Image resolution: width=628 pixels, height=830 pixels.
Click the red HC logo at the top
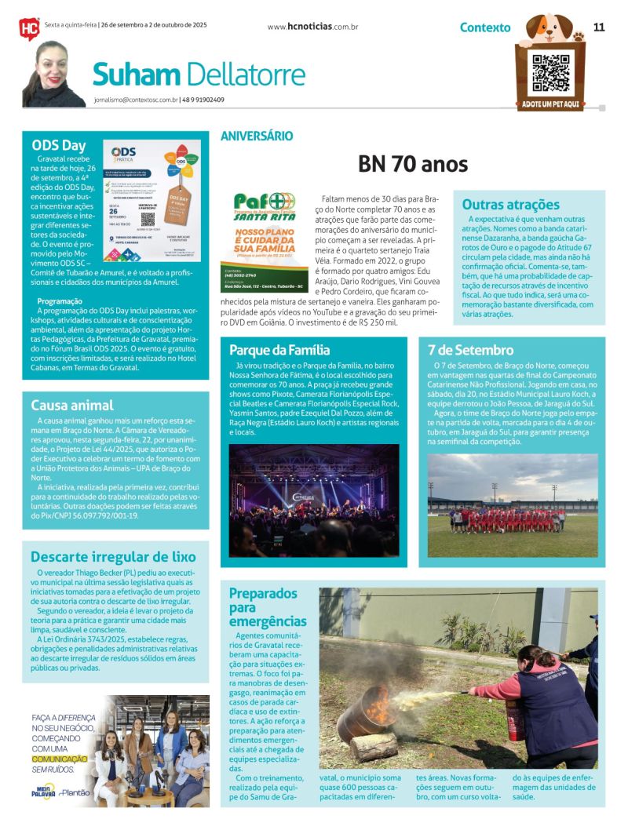(29, 28)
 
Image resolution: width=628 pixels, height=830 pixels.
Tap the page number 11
(599, 27)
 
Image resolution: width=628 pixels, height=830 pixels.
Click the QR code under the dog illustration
(550, 74)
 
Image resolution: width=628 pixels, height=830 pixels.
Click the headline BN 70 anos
(412, 164)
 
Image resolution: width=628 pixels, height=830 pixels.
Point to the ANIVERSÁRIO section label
(257, 136)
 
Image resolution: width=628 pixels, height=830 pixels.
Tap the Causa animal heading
(72, 405)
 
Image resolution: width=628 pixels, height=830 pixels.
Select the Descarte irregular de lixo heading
(112, 557)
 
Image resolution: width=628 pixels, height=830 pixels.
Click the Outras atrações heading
(510, 205)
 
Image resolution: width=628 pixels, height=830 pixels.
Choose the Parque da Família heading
(279, 350)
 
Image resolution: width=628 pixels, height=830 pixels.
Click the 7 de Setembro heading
(471, 350)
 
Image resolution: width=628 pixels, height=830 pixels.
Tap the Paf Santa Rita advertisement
(264, 239)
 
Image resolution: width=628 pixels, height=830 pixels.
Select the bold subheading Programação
(60, 300)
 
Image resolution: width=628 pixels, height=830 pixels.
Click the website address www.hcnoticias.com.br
(313, 27)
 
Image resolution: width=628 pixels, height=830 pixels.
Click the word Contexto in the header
(484, 27)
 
